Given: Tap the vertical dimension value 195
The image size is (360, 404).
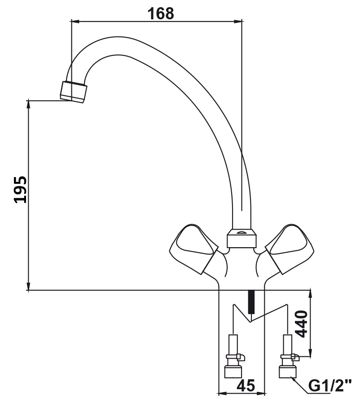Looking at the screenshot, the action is pos(20,190).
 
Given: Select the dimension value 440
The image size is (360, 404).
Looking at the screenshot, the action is pos(301,324).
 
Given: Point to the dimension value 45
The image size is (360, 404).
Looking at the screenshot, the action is pos(246,386).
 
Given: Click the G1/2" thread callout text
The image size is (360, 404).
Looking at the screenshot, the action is pos(329,386).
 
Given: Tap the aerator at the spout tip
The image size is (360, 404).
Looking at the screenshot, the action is pos(74,92).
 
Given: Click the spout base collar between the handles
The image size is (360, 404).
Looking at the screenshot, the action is pos(241,239).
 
